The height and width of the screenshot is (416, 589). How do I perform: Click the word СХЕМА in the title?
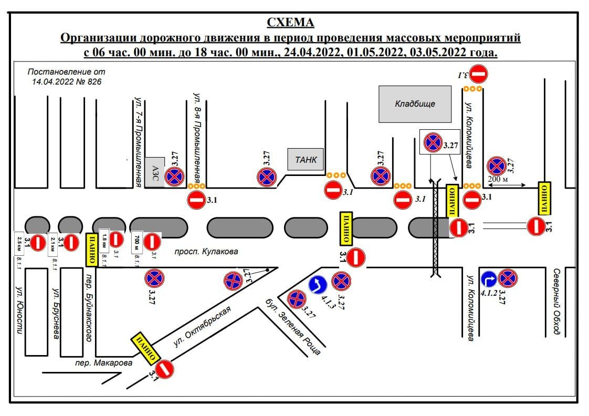(290, 23)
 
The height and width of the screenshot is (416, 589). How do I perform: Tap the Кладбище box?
(415, 104)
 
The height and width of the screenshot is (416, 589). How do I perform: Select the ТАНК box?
(306, 160)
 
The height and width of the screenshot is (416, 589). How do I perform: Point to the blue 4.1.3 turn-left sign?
(318, 285)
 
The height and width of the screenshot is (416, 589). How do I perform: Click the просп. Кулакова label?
(206, 252)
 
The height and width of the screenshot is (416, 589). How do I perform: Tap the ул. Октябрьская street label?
(203, 326)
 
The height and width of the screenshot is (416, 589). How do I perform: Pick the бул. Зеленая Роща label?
(293, 326)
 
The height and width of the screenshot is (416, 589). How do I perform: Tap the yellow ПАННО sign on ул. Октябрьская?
(145, 347)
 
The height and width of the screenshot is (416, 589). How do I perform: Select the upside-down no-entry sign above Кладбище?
(478, 74)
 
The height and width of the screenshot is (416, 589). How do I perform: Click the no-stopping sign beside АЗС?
(174, 177)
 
